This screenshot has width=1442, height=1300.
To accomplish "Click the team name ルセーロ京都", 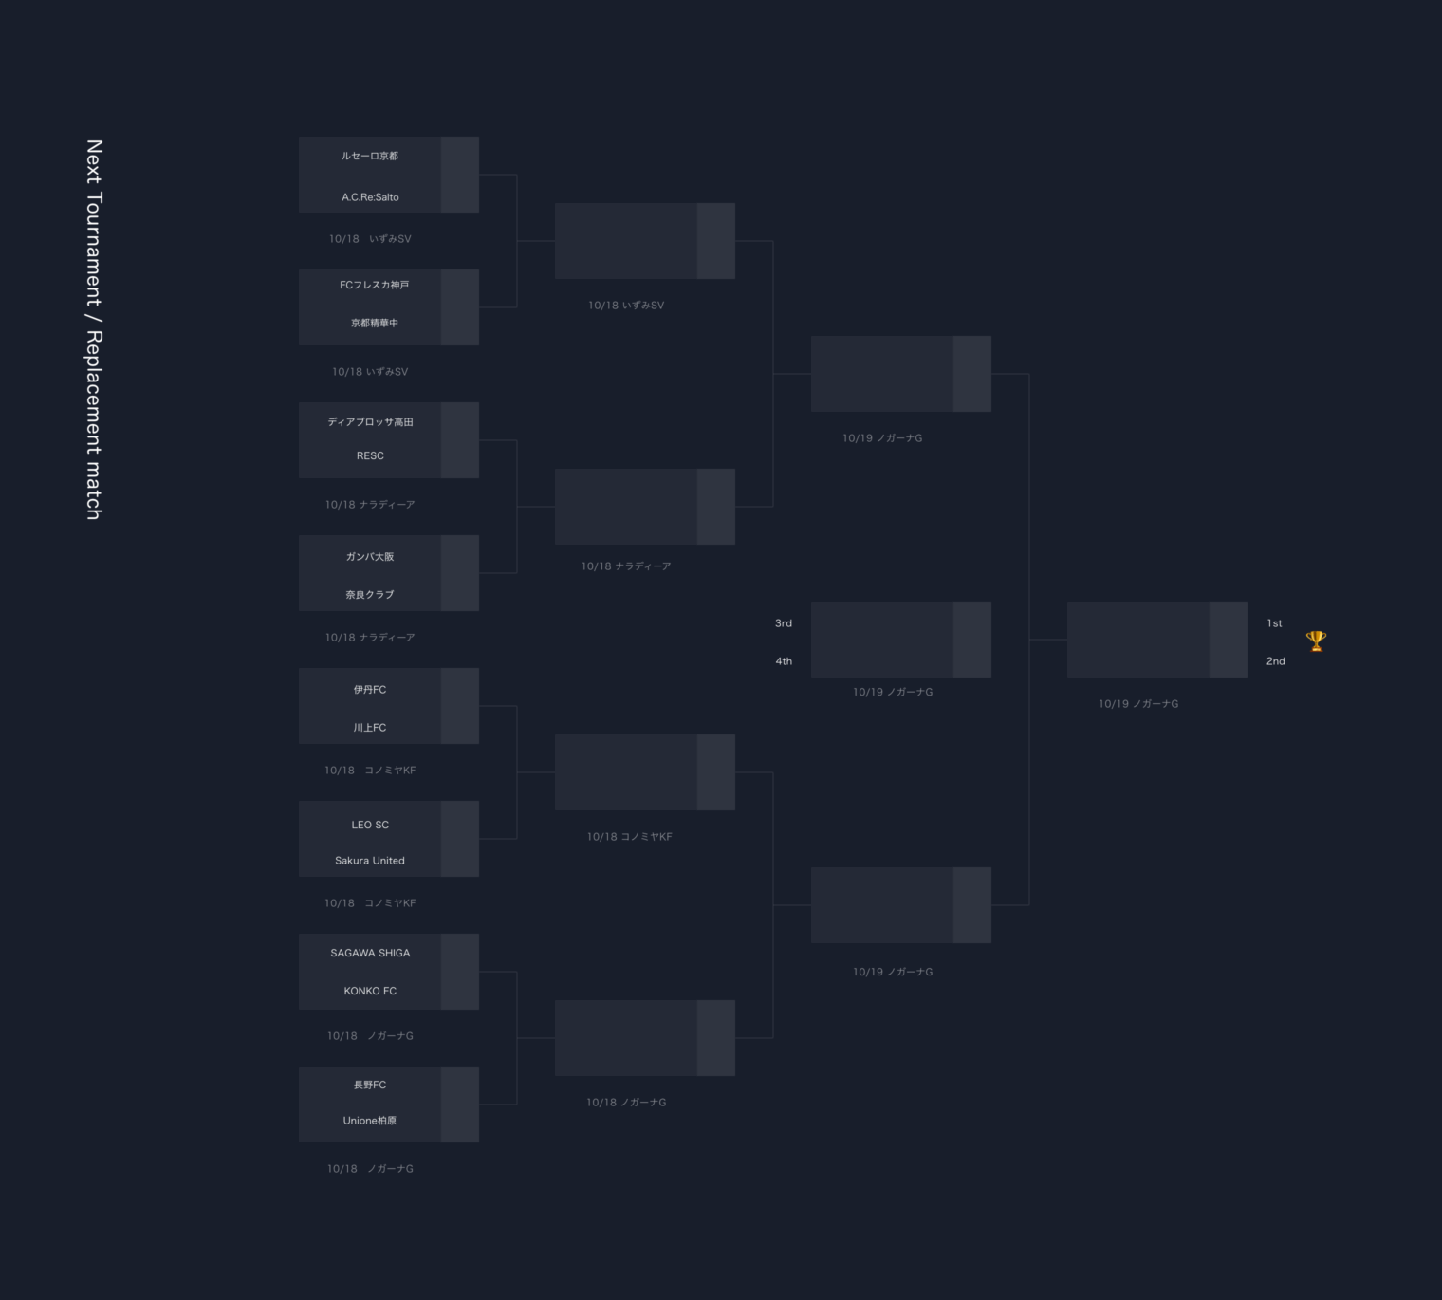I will click(x=370, y=157).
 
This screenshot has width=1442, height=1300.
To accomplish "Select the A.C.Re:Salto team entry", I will click(x=370, y=197).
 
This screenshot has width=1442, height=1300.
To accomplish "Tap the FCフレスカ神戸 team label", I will click(x=374, y=285).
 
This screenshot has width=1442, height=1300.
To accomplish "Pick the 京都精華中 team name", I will click(x=374, y=324).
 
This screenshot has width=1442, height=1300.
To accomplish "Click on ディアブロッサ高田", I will click(x=370, y=422).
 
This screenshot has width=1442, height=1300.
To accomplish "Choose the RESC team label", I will click(x=370, y=456).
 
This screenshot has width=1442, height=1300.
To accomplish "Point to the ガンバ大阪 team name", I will click(x=370, y=557).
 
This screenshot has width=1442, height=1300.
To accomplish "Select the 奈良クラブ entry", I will click(x=370, y=595).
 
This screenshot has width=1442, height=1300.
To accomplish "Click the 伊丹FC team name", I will click(x=370, y=690).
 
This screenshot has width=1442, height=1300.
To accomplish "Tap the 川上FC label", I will click(x=370, y=728).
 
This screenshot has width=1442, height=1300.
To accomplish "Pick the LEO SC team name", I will click(x=370, y=826).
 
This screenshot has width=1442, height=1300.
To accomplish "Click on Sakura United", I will click(x=370, y=861).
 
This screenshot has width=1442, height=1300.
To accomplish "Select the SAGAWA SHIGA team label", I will click(x=370, y=953).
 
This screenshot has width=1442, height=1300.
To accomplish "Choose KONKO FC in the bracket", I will click(x=370, y=991).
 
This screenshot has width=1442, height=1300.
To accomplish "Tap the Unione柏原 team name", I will click(x=370, y=1121).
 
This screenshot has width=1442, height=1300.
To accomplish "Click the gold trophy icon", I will click(x=1316, y=641).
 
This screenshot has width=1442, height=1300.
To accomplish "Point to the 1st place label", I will click(x=1274, y=623).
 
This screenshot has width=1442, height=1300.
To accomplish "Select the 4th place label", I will click(x=784, y=661).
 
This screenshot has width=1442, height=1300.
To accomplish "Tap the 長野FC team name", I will click(x=370, y=1085).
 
